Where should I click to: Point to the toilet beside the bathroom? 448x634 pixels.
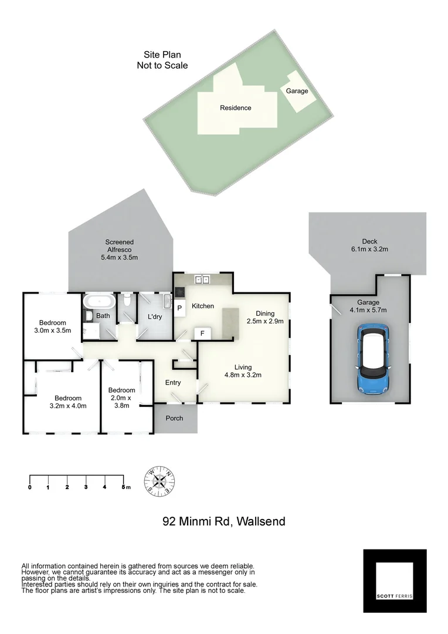[127, 301]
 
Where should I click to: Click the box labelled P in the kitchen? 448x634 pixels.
[179, 308]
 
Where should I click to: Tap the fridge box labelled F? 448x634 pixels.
[202, 333]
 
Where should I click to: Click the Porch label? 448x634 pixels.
[174, 418]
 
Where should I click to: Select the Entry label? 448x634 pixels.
[173, 383]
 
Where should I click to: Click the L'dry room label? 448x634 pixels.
[155, 317]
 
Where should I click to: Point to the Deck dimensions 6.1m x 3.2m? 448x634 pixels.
[369, 249]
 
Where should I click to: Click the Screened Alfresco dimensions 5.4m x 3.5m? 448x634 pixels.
[120, 258]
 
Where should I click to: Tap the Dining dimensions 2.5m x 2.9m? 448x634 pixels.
[265, 321]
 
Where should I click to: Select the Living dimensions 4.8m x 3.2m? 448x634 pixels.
[243, 375]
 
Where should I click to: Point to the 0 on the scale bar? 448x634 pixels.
[29, 487]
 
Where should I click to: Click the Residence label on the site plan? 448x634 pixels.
[236, 107]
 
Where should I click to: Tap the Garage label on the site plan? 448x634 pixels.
[297, 91]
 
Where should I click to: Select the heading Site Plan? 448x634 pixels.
[162, 55]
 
